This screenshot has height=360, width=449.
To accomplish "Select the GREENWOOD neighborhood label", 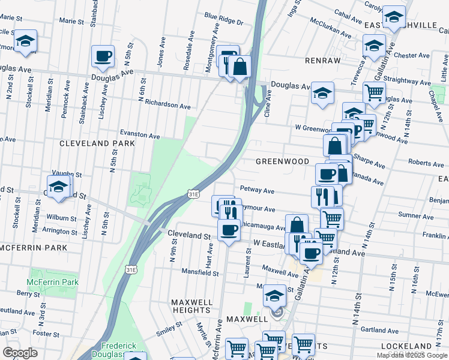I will point(282,161).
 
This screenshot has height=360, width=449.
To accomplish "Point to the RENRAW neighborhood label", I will point(322,61).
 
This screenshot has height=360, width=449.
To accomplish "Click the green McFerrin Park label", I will point(53,282).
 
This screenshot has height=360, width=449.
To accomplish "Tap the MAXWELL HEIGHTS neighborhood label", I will point(191,305).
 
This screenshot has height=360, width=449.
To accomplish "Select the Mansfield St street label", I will point(200,272).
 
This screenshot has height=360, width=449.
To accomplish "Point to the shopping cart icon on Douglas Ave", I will point(375,92).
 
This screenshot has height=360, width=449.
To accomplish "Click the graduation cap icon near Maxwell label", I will point(274,295).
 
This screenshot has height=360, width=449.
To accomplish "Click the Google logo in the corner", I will point(19,353).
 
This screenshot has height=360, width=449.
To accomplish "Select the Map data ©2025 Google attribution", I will point(411,355).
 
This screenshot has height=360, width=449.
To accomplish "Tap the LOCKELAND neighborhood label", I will point(406,346).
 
